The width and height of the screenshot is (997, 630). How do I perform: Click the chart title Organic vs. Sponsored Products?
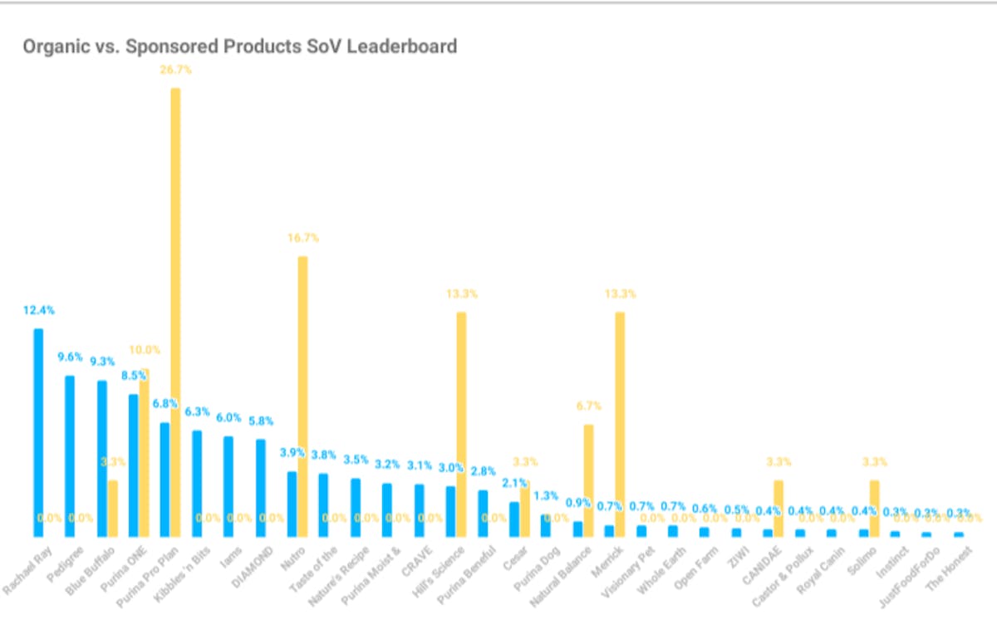pyautogui.click(x=239, y=47)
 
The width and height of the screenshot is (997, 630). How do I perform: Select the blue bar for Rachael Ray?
pyautogui.click(x=38, y=432)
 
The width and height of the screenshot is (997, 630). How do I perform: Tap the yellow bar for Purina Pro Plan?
pyautogui.click(x=175, y=312)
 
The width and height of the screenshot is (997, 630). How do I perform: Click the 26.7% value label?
pyautogui.click(x=175, y=70)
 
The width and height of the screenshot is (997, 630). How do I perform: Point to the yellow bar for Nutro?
pyautogui.click(x=302, y=396)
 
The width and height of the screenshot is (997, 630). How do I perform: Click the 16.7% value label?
pyautogui.click(x=302, y=238)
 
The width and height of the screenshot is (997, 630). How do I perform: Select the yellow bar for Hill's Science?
pyautogui.click(x=461, y=424)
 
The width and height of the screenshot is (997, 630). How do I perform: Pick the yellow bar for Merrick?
pyautogui.click(x=620, y=424)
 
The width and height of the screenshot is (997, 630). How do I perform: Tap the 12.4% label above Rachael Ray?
pyautogui.click(x=38, y=310)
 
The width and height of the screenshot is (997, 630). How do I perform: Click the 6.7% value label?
pyautogui.click(x=588, y=406)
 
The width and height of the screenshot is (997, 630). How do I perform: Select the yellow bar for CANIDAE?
pyautogui.click(x=778, y=508)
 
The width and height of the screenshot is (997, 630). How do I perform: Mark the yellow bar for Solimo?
pyautogui.click(x=874, y=508)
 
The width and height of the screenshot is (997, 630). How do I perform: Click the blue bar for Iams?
pyautogui.click(x=228, y=486)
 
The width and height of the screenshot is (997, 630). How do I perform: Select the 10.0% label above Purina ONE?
pyautogui.click(x=144, y=350)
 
